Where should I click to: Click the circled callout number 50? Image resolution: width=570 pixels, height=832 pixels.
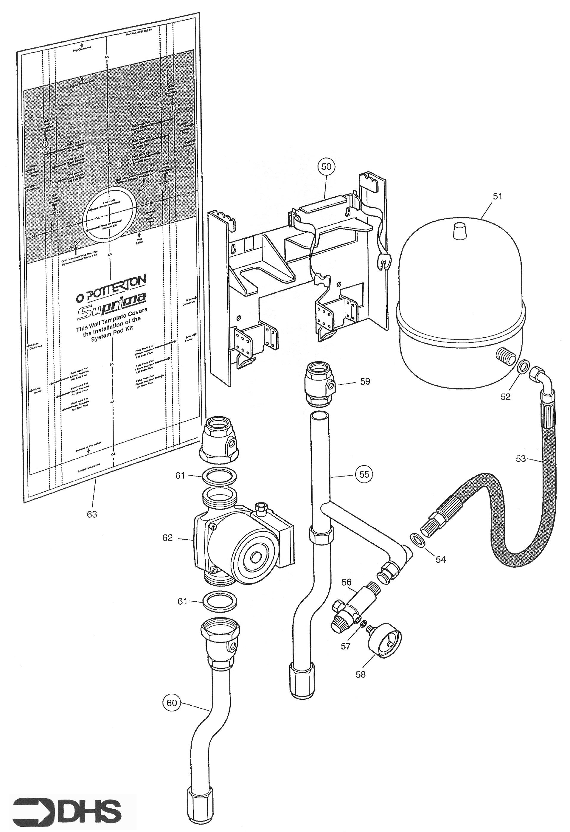point(326,167)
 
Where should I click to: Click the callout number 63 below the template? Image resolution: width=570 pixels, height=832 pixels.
point(92,514)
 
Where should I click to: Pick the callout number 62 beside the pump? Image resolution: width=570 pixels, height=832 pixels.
point(167,538)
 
